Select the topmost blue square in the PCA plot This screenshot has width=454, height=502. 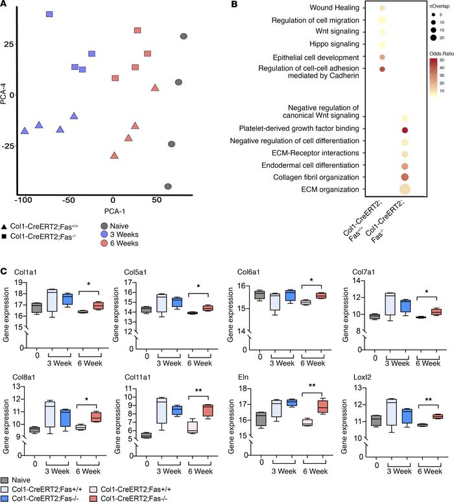(50, 14)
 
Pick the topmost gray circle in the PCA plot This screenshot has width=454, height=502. (184, 37)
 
